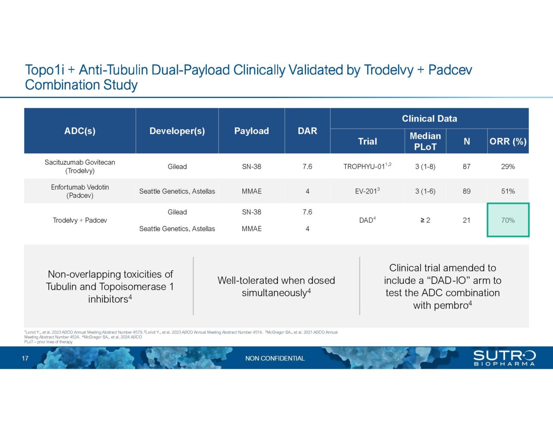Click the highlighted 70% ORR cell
pos(508,220)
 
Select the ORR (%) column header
pos(508,141)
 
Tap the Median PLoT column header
pos(425,141)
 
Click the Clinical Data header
pos(429,118)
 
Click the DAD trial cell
pos(367,220)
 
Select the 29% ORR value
pos(508,166)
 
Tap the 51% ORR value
pos(508,191)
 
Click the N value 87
pos(467,166)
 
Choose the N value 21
pos(467,220)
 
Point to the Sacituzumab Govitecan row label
pos(80,166)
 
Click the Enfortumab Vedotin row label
pos(80,191)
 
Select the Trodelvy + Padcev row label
pos(80,220)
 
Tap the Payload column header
pos(251,131)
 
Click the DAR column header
pos(307,131)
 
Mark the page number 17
pos(25,358)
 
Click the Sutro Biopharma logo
pos(504,358)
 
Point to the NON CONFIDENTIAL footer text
pos(275,358)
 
